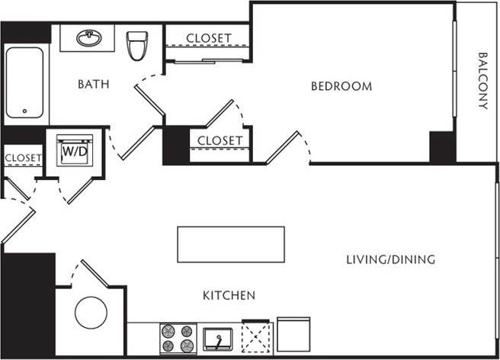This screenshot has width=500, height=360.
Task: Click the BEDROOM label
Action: (341, 86)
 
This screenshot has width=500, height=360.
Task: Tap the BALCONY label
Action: (482, 81)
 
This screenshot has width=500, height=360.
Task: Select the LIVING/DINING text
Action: (390, 260)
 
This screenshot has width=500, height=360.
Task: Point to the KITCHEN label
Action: (229, 295)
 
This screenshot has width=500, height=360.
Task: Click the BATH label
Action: (93, 84)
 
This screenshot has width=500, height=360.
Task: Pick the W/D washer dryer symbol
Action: (75, 151)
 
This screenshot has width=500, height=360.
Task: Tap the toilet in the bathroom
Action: (137, 45)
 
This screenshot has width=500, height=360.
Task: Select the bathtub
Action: (24, 84)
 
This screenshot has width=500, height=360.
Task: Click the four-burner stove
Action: (178, 338)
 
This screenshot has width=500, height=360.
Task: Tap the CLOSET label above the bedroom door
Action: (220, 141)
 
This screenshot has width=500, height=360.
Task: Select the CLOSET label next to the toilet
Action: (209, 37)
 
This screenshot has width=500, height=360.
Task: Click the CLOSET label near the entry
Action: (23, 159)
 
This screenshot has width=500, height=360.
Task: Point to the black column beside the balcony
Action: (442, 146)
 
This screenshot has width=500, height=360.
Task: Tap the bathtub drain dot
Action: (24, 112)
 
